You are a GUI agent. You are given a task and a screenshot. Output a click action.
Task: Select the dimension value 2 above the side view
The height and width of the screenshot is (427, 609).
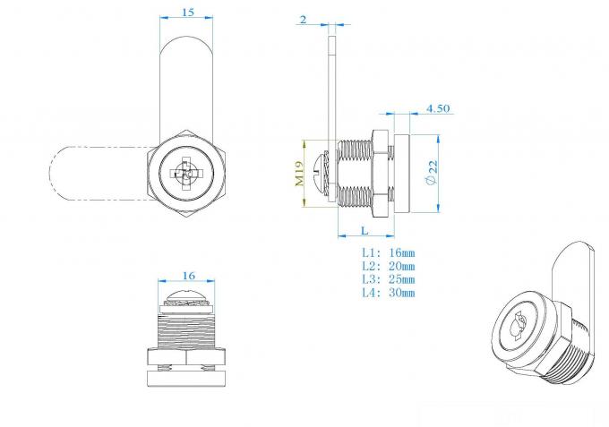pos(304,19)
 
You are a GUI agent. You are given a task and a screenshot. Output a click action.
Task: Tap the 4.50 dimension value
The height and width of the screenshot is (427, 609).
pos(438,108)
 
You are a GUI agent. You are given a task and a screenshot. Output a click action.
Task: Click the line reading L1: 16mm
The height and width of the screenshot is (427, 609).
pos(388,253)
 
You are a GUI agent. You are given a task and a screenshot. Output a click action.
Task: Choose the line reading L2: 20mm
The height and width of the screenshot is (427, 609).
pos(388,267)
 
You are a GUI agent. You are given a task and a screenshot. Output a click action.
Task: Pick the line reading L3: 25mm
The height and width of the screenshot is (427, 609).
pos(388,279)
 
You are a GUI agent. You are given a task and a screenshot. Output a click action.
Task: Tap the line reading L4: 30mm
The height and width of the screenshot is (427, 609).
pos(388,293)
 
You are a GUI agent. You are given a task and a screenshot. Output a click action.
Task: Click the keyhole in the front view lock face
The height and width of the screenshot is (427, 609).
pos(185,175)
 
